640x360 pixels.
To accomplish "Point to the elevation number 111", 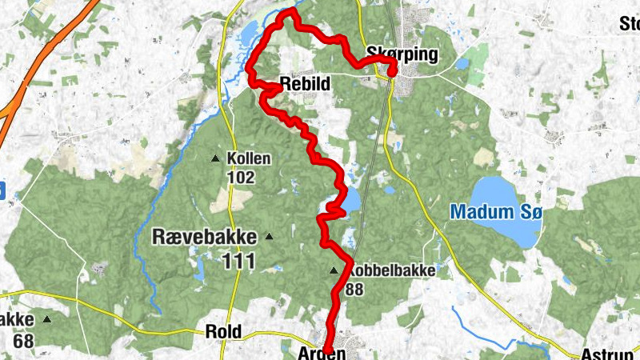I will (x=238, y=260).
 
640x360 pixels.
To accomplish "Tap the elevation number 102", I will (x=240, y=177).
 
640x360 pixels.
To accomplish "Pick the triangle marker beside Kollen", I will (x=215, y=158).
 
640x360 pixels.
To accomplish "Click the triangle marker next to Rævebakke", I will (x=269, y=236).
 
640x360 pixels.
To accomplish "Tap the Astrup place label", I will (x=610, y=352).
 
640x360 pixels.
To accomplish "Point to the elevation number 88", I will (x=355, y=290).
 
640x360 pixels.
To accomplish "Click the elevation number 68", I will (x=24, y=339).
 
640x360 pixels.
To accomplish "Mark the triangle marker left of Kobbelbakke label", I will (x=334, y=270).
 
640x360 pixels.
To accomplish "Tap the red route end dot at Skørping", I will (x=393, y=71).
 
